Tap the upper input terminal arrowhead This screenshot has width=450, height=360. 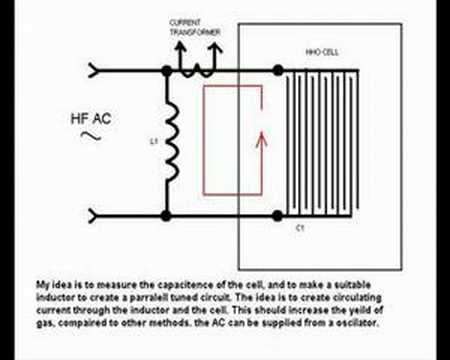coord(96,70)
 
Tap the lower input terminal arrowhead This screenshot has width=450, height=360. coord(96,212)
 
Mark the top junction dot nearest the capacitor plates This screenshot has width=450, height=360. coord(275,70)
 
